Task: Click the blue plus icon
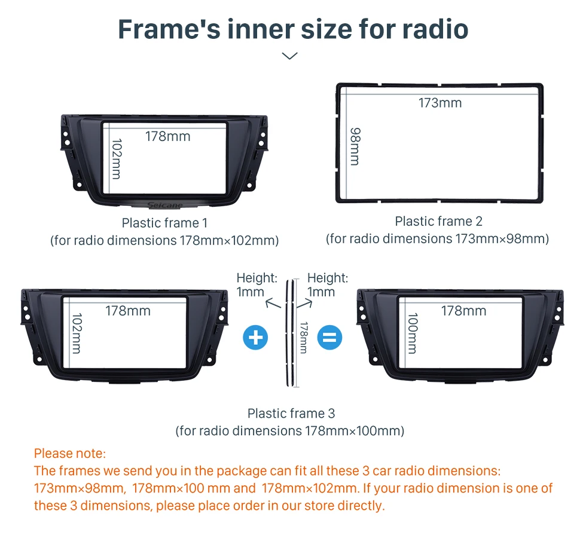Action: (255, 338)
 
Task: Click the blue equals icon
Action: (329, 338)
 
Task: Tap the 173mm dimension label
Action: (440, 103)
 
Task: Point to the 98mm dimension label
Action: (355, 146)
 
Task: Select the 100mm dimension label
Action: (413, 333)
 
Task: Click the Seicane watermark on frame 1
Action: (165, 205)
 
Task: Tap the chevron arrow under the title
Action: (289, 56)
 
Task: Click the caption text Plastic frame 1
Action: (164, 223)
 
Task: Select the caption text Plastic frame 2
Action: (439, 221)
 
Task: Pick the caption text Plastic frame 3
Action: (291, 414)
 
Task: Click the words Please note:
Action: (70, 454)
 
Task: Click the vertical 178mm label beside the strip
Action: (304, 337)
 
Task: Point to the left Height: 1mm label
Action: (257, 284)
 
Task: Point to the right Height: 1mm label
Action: (328, 284)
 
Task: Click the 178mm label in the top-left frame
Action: (168, 136)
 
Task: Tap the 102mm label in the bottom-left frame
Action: (77, 333)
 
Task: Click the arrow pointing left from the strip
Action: (273, 304)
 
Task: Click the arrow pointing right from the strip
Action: (304, 304)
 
